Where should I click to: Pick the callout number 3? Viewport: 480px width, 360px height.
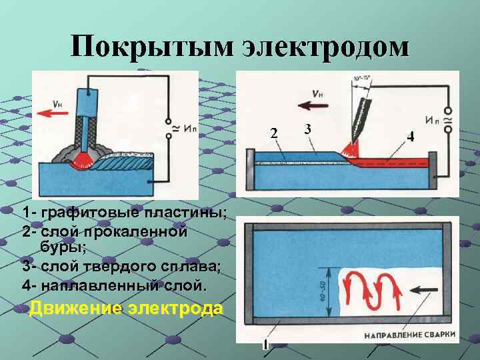click(307, 128)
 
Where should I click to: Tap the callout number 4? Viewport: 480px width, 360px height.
click(411, 137)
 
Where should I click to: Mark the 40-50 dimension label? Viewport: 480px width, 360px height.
click(322, 290)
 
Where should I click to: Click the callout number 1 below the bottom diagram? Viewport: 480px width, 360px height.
click(265, 345)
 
